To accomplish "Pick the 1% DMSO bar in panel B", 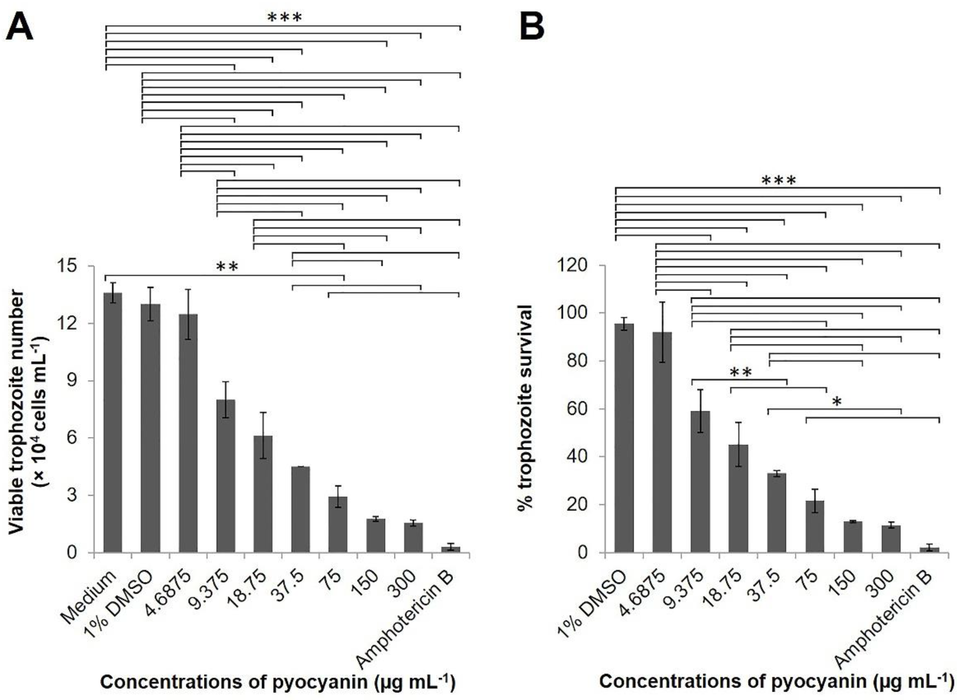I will pyautogui.click(x=624, y=438).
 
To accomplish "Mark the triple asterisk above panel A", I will pyautogui.click(x=284, y=18).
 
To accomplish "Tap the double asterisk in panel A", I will pyautogui.click(x=227, y=267).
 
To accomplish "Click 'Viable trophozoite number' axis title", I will pyautogui.click(x=17, y=411).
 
